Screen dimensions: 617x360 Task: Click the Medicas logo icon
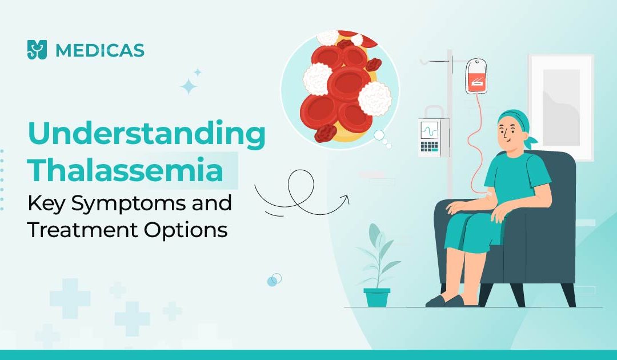pyautogui.click(x=37, y=50)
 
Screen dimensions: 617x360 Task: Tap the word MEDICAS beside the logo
pyautogui.click(x=100, y=50)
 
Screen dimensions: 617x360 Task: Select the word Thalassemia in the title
pyautogui.click(x=126, y=170)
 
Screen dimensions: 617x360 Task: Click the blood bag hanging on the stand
pyautogui.click(x=476, y=77)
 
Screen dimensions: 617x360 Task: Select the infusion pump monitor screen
pyautogui.click(x=429, y=130)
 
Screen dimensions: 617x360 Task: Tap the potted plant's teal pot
pyautogui.click(x=376, y=297)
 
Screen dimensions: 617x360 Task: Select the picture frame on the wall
pyautogui.click(x=561, y=107)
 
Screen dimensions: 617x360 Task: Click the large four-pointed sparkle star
pyautogui.click(x=189, y=86)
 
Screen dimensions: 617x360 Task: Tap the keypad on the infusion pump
pyautogui.click(x=429, y=147)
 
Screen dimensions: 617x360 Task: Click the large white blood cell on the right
pyautogui.click(x=375, y=99)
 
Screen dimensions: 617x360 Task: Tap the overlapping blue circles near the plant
pyautogui.click(x=274, y=280)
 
